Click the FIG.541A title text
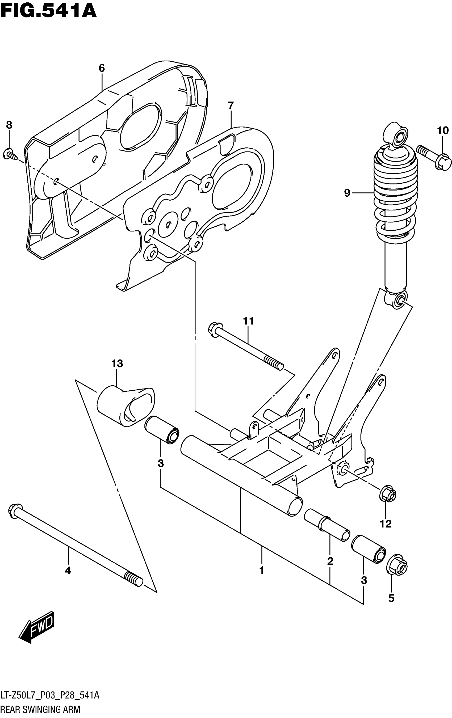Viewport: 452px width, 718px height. click(48, 11)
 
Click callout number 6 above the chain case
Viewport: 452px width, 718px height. click(102, 68)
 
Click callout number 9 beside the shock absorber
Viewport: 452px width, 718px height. click(347, 193)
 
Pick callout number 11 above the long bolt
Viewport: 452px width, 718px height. click(248, 321)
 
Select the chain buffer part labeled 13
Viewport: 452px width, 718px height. click(125, 406)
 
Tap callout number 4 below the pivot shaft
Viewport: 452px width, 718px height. click(68, 570)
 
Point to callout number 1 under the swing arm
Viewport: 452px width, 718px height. click(262, 570)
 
